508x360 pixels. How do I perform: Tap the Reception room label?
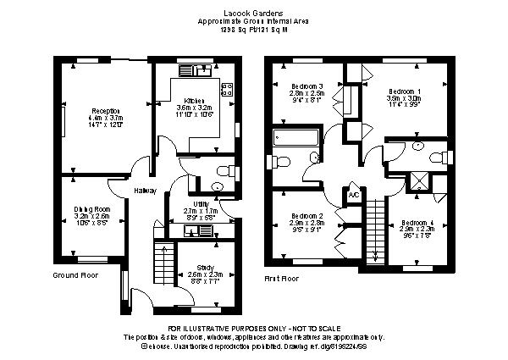coord(107,111)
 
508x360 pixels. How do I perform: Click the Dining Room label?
coord(91,208)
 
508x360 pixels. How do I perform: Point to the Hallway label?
coord(145,191)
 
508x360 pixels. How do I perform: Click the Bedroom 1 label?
coord(403,91)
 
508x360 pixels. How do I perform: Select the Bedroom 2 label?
coord(307,215)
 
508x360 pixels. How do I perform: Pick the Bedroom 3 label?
coord(307,86)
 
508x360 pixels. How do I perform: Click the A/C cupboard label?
coord(353,195)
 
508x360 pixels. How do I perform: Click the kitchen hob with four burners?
coord(226,87)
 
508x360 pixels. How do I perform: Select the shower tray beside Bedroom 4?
coord(417,179)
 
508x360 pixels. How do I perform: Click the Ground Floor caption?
coord(75,275)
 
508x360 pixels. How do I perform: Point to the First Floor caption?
coord(282,278)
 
